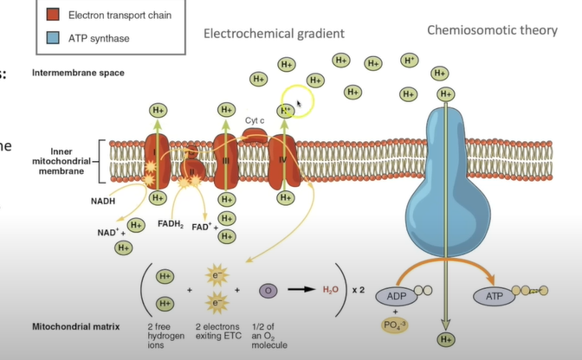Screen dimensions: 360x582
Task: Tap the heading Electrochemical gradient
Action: pyautogui.click(x=274, y=34)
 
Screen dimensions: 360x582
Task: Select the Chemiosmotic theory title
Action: pyautogui.click(x=491, y=31)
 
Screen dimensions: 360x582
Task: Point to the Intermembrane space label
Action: pyautogui.click(x=79, y=73)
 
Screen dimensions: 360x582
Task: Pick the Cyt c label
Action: pyautogui.click(x=254, y=120)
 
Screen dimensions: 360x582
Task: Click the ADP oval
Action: pyautogui.click(x=391, y=297)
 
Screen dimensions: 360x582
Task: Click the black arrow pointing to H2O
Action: pyautogui.click(x=300, y=291)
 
